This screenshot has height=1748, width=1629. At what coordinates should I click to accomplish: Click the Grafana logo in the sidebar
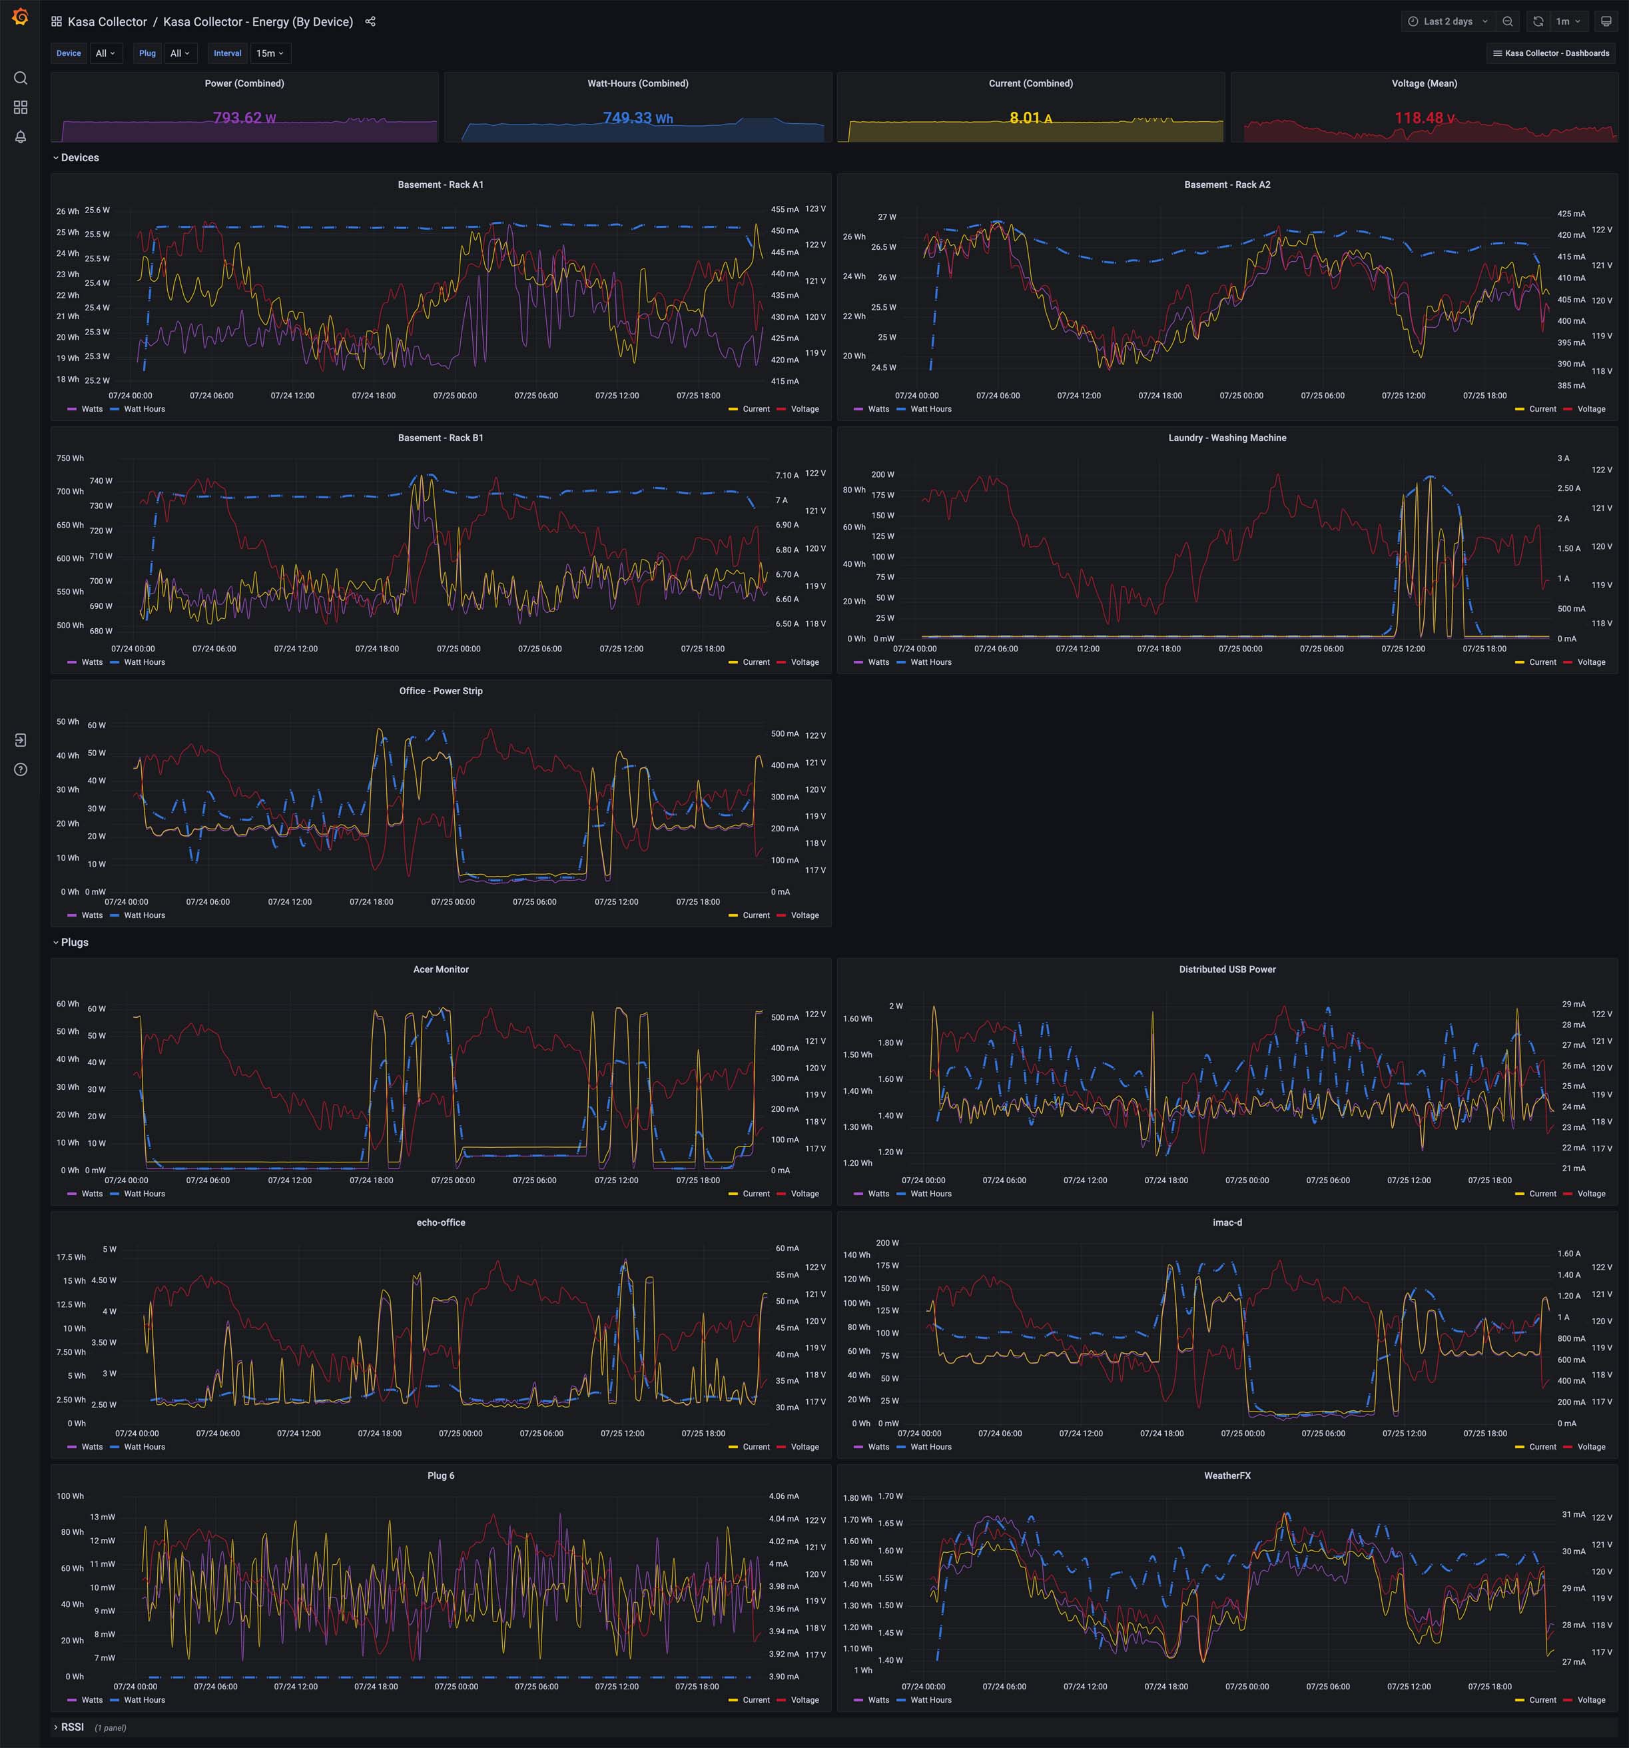(x=20, y=17)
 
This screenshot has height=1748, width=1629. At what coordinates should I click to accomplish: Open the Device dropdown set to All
(x=105, y=54)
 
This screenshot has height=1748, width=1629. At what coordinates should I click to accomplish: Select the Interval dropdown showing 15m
(x=270, y=54)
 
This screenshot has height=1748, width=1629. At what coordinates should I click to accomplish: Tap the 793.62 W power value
(x=244, y=118)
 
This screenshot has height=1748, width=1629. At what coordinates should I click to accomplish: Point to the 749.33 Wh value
(x=637, y=118)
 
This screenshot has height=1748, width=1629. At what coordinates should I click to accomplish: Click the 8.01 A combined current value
(x=1030, y=118)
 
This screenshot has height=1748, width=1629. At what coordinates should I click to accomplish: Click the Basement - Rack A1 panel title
(x=440, y=185)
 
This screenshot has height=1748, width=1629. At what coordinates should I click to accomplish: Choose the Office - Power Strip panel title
(x=440, y=691)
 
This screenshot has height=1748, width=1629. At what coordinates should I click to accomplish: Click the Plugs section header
(x=74, y=943)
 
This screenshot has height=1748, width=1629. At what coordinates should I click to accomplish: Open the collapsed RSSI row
(x=72, y=1727)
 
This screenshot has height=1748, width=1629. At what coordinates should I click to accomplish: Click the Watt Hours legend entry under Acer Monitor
(x=143, y=1194)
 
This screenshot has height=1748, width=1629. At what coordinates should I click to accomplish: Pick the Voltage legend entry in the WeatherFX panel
(x=1590, y=1701)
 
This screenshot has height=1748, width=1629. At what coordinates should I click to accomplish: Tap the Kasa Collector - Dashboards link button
(x=1551, y=54)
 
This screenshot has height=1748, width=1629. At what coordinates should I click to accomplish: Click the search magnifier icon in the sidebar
(x=20, y=78)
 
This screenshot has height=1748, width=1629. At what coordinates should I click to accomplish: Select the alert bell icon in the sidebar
(x=20, y=137)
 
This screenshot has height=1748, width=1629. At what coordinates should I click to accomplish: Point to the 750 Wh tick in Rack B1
(x=71, y=458)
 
